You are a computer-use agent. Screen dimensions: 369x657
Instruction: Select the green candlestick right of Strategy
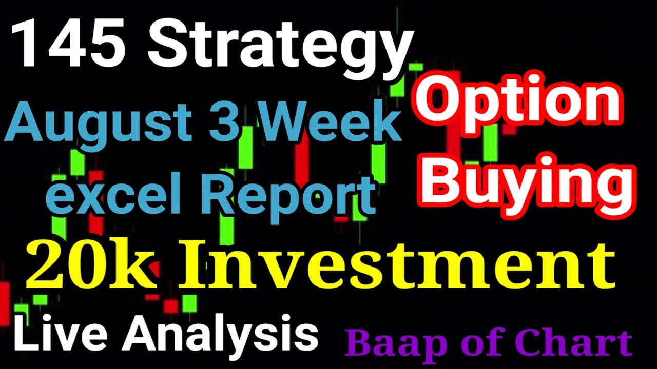(416, 67)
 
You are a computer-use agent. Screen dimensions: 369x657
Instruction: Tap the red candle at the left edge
(4, 302)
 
